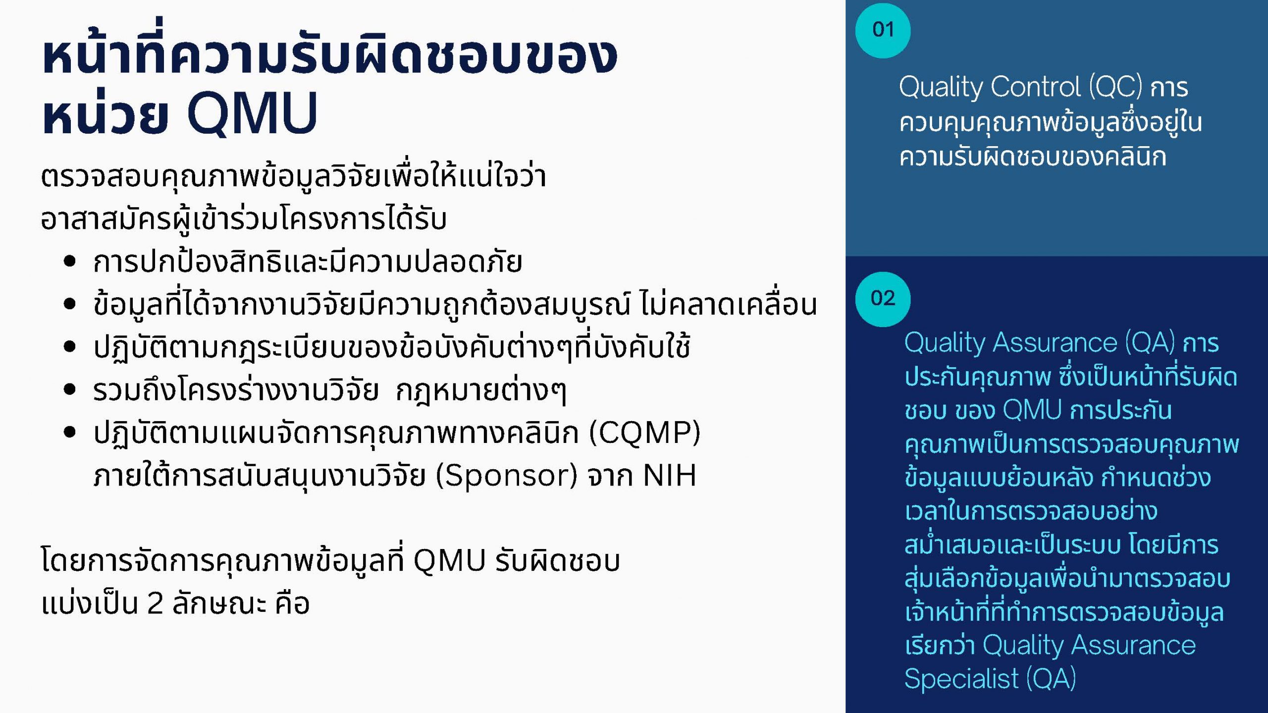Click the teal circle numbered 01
883,30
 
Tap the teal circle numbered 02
883,299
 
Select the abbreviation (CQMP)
644,433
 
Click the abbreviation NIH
670,475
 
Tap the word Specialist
961,678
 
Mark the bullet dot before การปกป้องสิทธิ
70,261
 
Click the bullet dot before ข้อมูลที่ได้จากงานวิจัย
70,304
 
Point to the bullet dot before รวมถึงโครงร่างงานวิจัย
70,389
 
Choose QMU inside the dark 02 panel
1032,410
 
